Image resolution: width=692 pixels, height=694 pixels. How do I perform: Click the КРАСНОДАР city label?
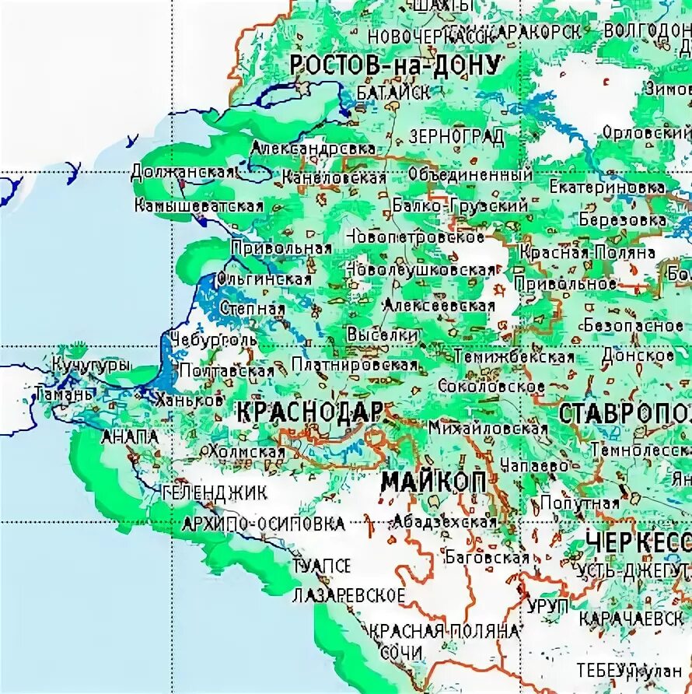pos(309,412)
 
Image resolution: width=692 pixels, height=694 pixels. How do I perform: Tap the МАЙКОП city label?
pos(434,482)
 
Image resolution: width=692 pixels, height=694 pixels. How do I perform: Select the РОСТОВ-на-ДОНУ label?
pos(395,65)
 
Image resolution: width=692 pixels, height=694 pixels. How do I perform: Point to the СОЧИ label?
pos(402,652)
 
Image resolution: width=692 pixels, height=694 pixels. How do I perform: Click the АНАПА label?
pos(130,437)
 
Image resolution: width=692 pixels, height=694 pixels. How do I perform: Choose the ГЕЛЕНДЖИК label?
pos(215,492)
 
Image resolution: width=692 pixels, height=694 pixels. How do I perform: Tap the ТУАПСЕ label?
pos(322,566)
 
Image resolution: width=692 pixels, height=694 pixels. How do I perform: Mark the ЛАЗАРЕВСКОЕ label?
pos(349,596)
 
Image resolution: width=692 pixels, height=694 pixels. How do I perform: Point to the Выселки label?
pos(382,334)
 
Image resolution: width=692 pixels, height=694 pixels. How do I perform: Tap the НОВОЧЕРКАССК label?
pos(432,36)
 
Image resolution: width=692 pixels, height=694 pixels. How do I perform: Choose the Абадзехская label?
pos(445,521)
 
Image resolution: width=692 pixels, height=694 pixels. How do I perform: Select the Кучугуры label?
pos(92,364)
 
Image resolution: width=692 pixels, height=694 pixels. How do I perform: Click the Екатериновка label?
pos(607,188)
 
